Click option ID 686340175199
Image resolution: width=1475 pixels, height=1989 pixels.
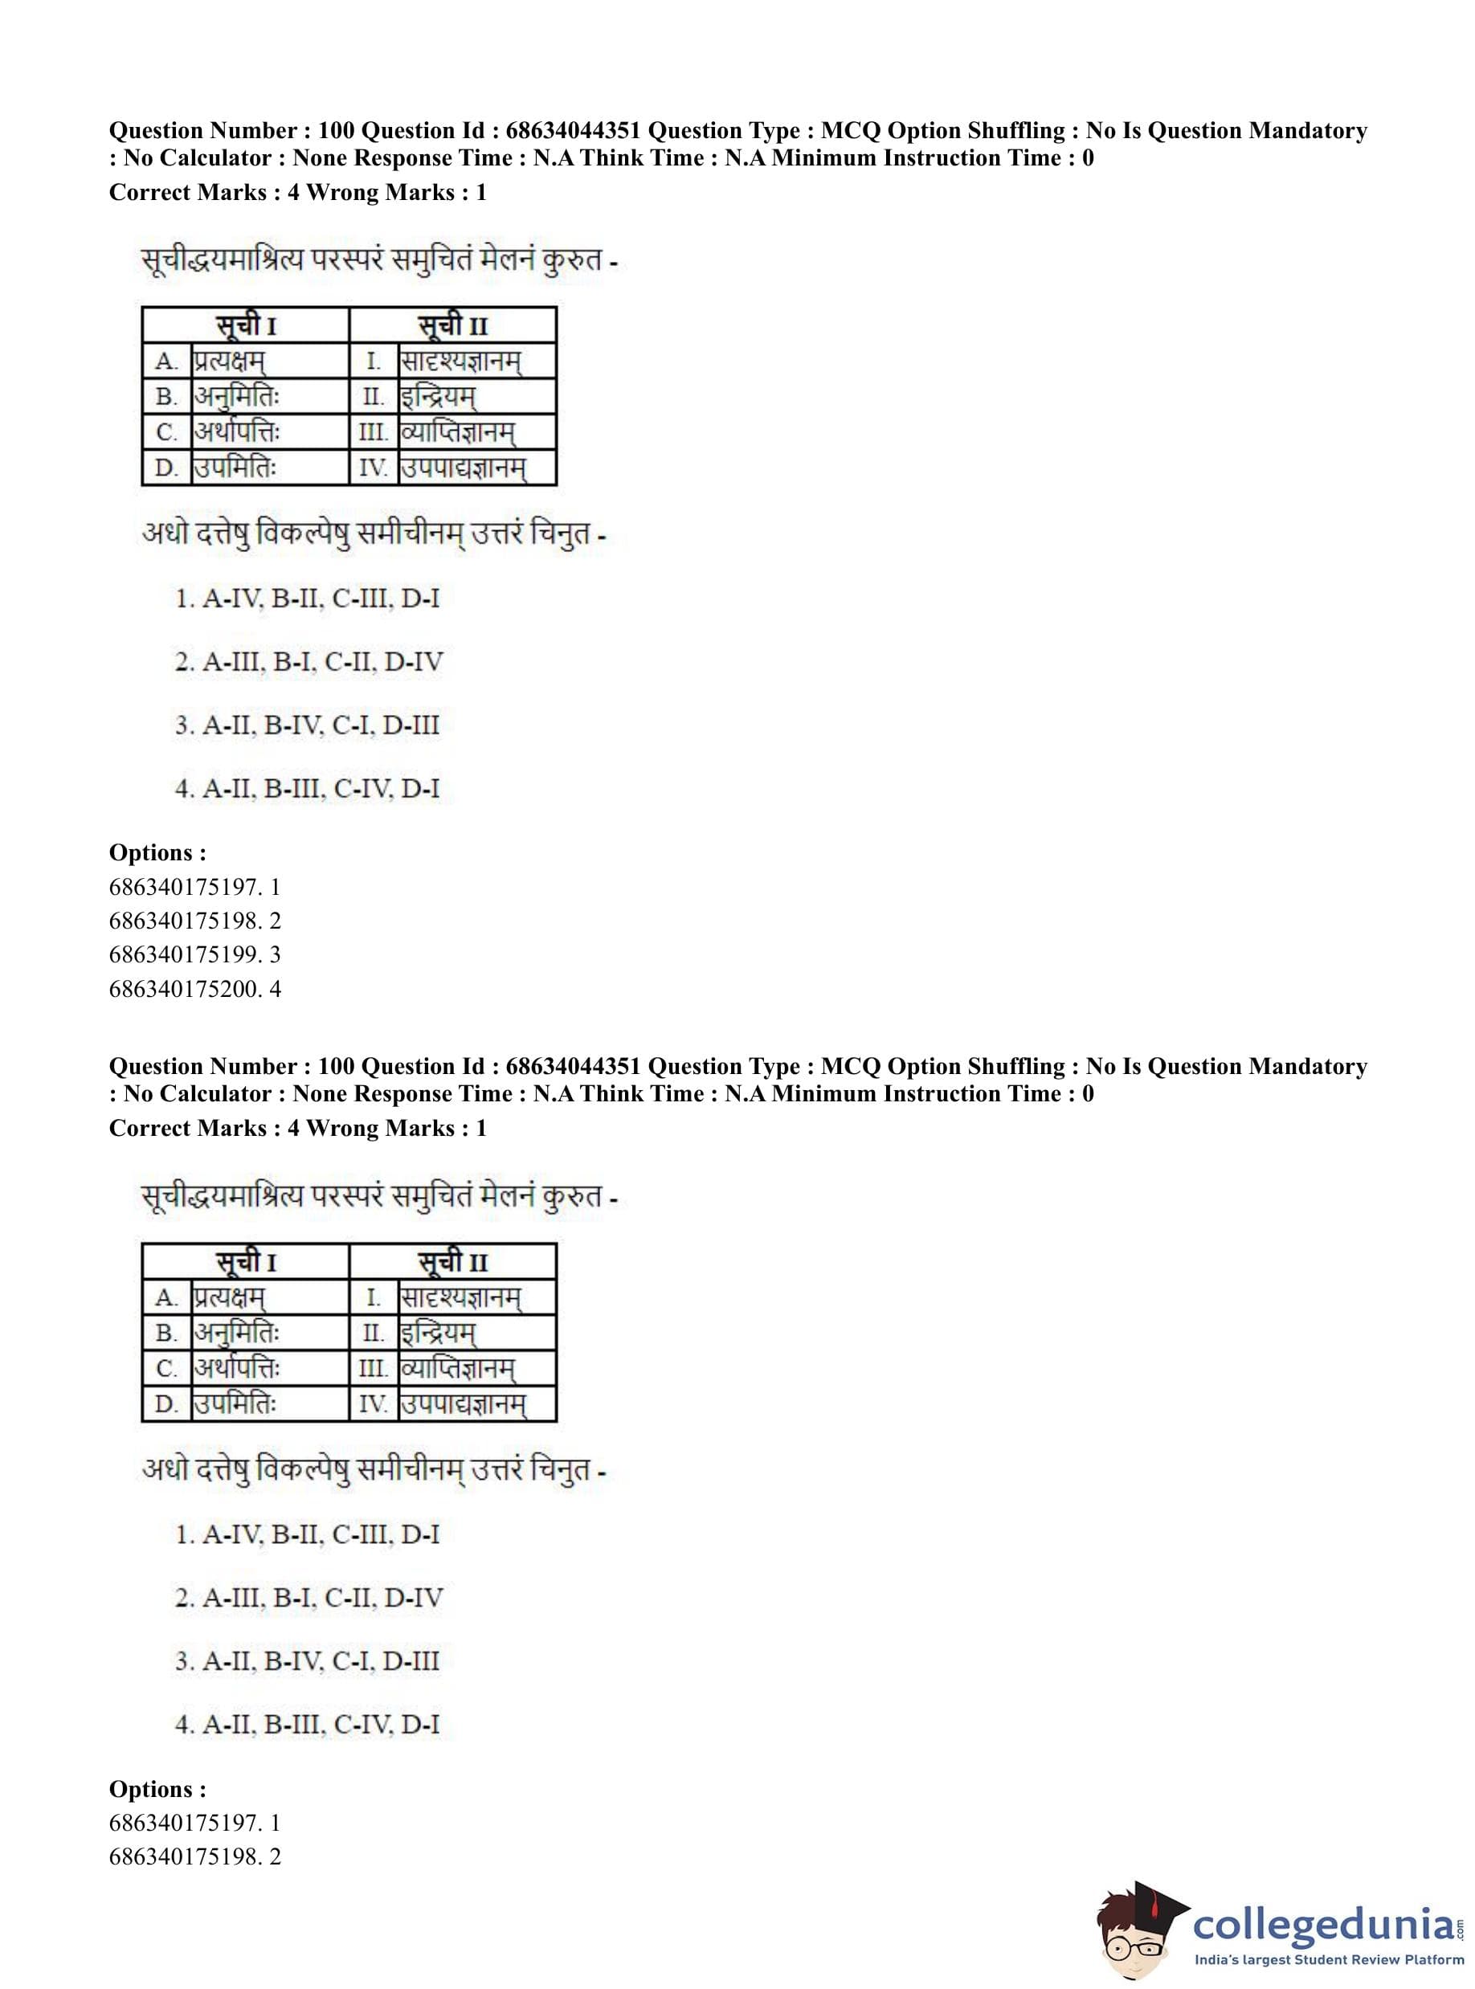pyautogui.click(x=194, y=954)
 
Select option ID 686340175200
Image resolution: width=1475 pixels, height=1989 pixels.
pyautogui.click(x=194, y=988)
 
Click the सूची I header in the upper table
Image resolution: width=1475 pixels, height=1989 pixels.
pyautogui.click(x=246, y=325)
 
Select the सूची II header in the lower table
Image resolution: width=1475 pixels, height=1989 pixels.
pyautogui.click(x=452, y=1261)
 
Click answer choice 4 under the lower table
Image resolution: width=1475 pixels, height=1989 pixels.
pyautogui.click(x=307, y=1724)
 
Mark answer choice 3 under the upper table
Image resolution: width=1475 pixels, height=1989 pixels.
pyautogui.click(x=307, y=725)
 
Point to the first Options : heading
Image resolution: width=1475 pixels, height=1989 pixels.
pyautogui.click(x=157, y=852)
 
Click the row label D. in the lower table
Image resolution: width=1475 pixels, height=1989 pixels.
pyautogui.click(x=167, y=1404)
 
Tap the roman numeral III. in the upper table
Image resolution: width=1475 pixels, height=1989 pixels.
pyautogui.click(x=374, y=432)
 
